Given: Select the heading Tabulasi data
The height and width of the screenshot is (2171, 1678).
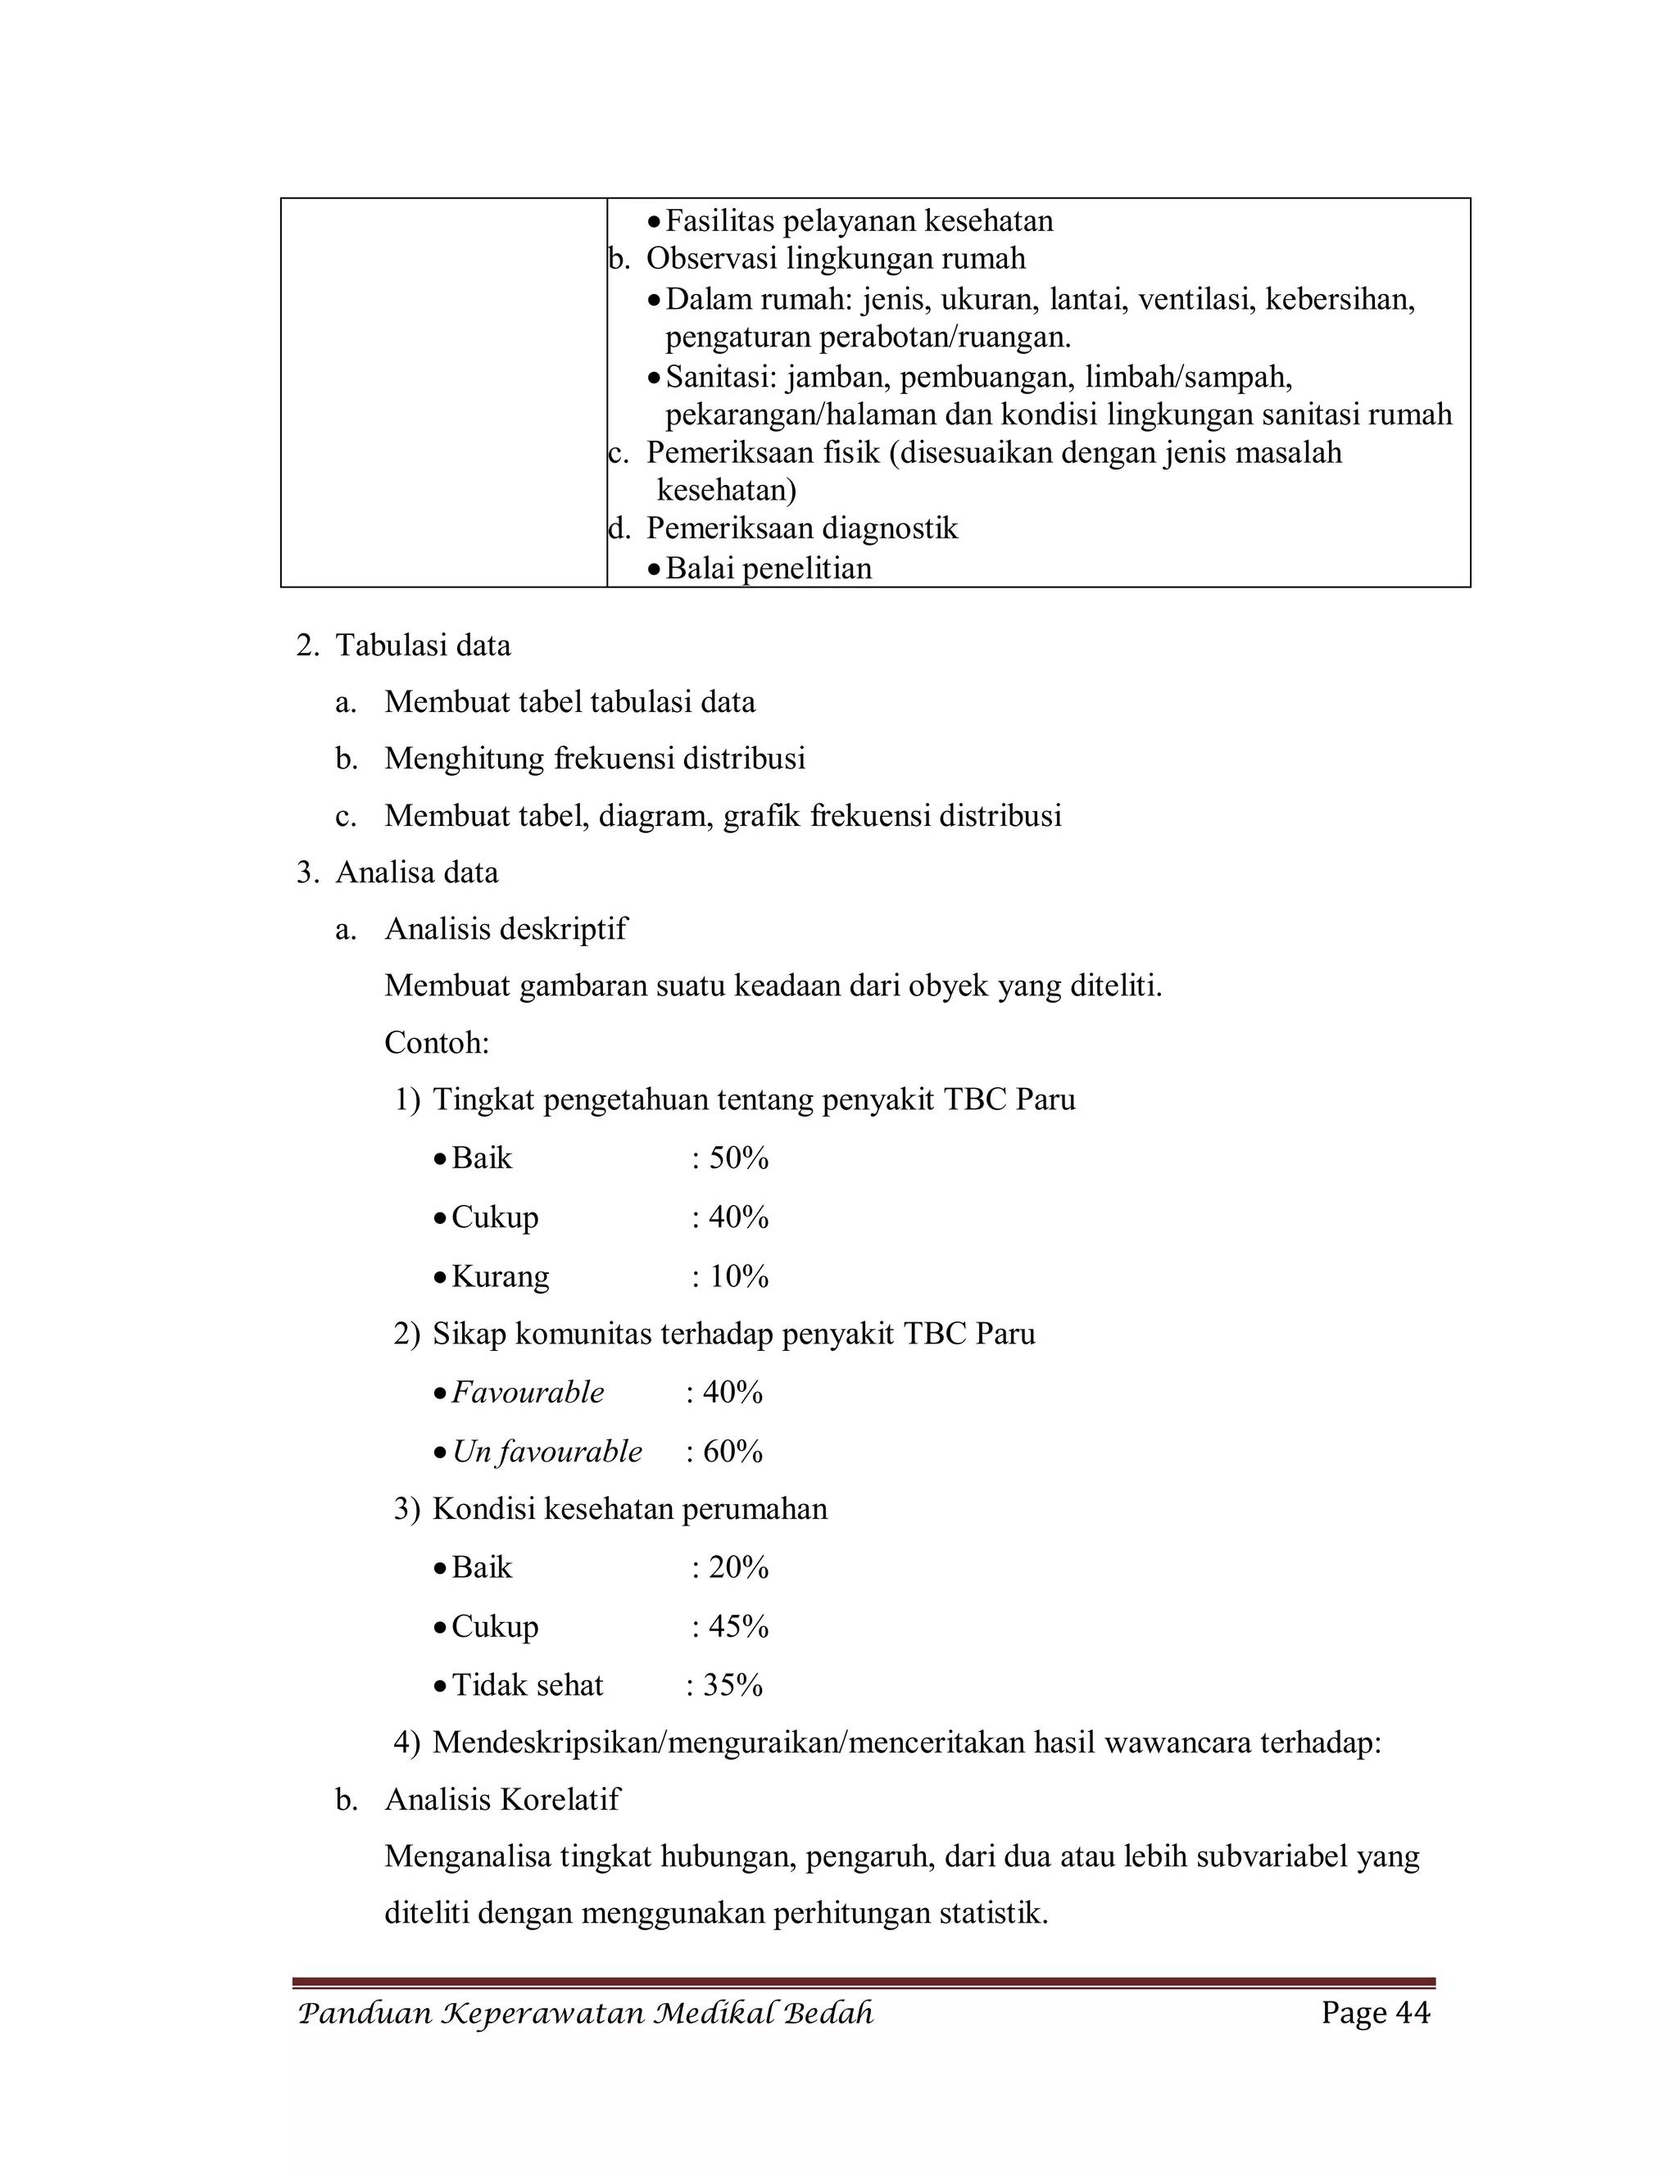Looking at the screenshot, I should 423,645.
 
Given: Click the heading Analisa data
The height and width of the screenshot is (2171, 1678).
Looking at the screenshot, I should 416,872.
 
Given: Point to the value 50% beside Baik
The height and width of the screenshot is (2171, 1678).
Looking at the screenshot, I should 738,1158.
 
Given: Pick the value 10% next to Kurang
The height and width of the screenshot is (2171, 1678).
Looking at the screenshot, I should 738,1276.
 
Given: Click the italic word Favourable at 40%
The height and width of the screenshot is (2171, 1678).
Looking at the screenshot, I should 527,1392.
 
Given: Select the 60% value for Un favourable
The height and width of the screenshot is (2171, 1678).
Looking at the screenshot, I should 732,1452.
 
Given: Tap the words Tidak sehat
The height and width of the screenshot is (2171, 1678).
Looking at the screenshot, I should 527,1685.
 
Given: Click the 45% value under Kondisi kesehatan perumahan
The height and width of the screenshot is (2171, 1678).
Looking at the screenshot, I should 738,1626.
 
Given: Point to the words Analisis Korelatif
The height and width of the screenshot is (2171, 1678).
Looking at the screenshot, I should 502,1799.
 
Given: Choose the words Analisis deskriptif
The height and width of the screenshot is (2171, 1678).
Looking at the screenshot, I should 506,928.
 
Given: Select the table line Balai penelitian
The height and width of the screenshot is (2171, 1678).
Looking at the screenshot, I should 769,569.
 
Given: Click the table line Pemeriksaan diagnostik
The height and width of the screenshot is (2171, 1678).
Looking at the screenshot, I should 801,528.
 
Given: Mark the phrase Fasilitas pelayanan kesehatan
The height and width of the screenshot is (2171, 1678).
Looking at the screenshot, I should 859,220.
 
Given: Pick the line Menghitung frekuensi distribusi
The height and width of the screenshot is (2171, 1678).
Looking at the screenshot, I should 595,759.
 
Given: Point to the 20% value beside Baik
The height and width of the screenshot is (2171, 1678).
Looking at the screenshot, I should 738,1567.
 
